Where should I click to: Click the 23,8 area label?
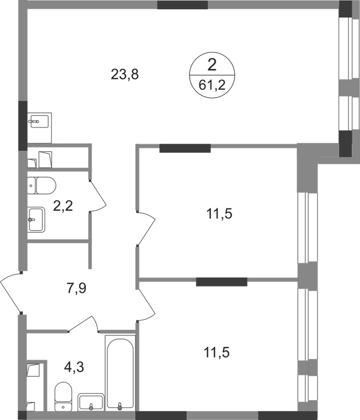tap(125, 74)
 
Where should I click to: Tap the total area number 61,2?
tap(212, 85)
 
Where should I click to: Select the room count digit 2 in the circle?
tap(212, 65)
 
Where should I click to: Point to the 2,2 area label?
tap(63, 206)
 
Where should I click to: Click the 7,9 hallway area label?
tap(76, 289)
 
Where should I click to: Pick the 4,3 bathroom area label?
tap(74, 367)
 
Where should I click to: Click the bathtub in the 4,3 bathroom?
tap(120, 373)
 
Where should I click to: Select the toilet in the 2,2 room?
tap(42, 185)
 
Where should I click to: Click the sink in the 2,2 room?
tap(36, 219)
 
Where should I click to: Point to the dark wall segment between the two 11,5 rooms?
tap(222, 282)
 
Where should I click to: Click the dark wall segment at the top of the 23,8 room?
tap(183, 5)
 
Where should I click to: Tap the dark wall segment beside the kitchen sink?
tap(23, 126)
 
